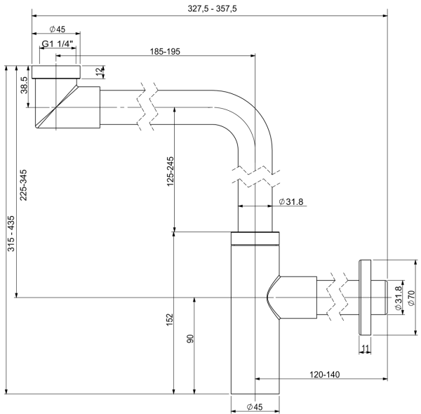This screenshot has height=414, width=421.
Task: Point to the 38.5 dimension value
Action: pyautogui.click(x=25, y=86)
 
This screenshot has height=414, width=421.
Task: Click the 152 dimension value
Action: pyautogui.click(x=169, y=319)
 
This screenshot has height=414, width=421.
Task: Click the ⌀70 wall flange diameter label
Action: pyautogui.click(x=412, y=298)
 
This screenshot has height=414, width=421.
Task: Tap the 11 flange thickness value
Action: pyautogui.click(x=365, y=348)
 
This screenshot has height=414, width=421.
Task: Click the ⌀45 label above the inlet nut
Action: pyautogui.click(x=58, y=29)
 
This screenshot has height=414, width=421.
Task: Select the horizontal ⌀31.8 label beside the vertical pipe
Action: pyautogui.click(x=290, y=202)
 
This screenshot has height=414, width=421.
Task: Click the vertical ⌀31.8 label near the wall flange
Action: pyautogui.click(x=398, y=298)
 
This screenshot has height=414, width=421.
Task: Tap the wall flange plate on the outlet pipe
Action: pyautogui.click(x=365, y=298)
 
